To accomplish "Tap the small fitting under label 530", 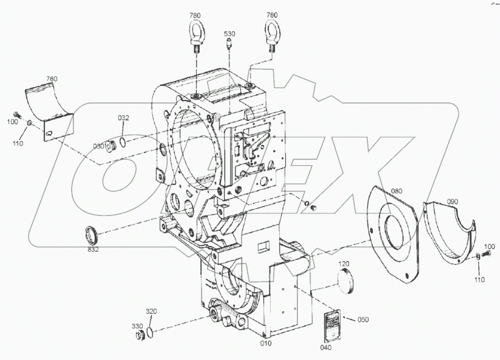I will click(229, 43).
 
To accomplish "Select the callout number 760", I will click(52, 79).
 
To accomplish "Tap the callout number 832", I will click(93, 249).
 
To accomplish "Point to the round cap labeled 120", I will click(345, 282).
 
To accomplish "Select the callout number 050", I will click(363, 320).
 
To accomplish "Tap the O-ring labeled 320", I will click(151, 331).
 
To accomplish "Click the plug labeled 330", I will click(139, 335).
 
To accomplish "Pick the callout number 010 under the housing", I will click(266, 343).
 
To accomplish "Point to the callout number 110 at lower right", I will click(479, 280).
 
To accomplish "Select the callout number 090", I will click(453, 202).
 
